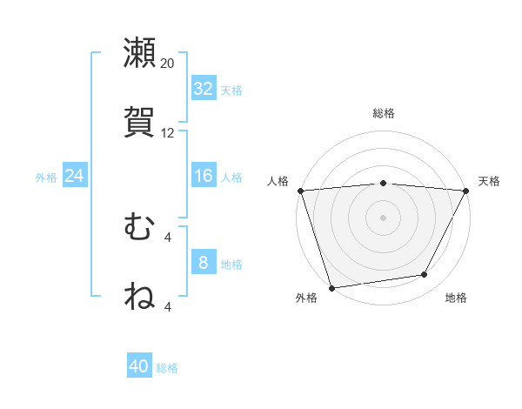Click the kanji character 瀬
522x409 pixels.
pos(139,53)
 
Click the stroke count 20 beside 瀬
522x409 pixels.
pos(168,64)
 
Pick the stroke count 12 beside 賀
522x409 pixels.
pos(168,133)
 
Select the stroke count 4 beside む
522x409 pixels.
pos(168,237)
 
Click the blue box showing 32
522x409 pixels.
pos(204,89)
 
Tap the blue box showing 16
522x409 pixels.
pos(204,177)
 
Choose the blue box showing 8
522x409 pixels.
pos(204,263)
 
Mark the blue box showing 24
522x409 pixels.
pos(75,177)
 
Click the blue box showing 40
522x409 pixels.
pos(139,366)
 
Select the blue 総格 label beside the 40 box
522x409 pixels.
pos(167,368)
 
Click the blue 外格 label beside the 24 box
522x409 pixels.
pos(46,178)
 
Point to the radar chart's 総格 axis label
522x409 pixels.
pos(384,113)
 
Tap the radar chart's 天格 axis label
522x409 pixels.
pos(489,181)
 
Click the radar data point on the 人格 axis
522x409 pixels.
pos(300,191)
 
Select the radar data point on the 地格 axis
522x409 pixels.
pos(425,275)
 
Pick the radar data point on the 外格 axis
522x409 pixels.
pos(331,287)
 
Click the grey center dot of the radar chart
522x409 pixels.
pos(383,217)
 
